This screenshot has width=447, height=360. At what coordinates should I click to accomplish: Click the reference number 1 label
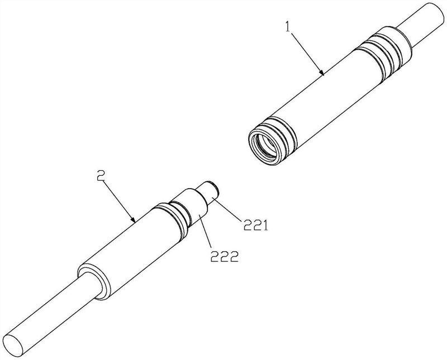point(288,27)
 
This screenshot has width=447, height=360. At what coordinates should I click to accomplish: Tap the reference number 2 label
point(101,175)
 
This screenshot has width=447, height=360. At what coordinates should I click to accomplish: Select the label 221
point(255,225)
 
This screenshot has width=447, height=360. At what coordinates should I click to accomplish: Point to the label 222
point(224,257)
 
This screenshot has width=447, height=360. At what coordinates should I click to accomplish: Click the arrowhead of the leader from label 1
point(322,73)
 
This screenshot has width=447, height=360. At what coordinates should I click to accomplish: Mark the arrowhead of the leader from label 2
point(133,219)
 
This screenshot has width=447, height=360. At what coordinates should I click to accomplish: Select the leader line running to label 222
point(205,232)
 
